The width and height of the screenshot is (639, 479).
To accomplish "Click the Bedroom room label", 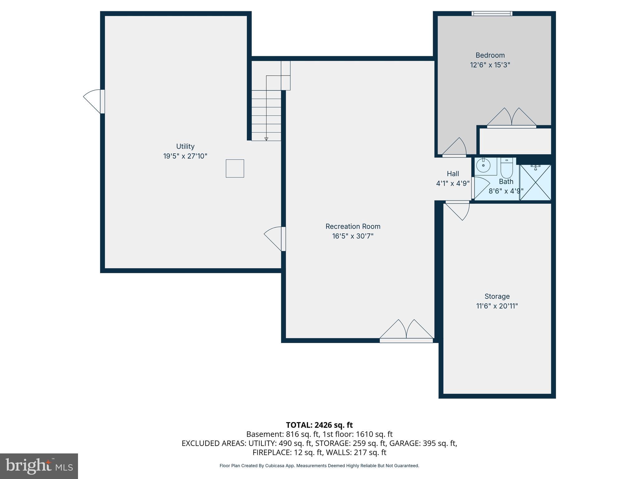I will click(x=490, y=55).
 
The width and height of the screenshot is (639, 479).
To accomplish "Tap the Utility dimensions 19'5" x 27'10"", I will click(x=185, y=156).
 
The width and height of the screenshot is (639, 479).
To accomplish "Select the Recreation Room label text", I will click(x=353, y=226).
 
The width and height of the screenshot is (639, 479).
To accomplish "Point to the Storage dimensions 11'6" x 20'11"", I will click(x=497, y=306).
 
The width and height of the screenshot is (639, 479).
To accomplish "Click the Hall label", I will click(x=453, y=174).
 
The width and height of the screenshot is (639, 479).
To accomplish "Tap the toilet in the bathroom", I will click(x=506, y=169).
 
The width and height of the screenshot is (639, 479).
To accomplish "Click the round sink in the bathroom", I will click(x=483, y=166).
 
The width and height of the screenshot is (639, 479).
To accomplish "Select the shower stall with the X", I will click(x=535, y=183).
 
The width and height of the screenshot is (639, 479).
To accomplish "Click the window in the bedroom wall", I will click(x=492, y=13).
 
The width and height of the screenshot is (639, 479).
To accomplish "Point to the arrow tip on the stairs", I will click(x=266, y=139).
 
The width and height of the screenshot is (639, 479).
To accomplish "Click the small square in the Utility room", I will click(x=235, y=168).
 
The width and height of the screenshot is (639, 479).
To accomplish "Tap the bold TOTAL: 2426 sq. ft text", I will click(x=319, y=425).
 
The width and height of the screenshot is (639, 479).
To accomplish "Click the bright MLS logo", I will click(x=39, y=466).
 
